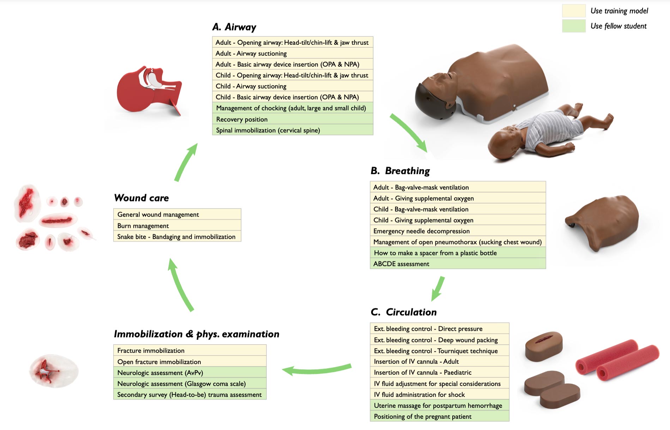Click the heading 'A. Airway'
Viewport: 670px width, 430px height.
coord(234,27)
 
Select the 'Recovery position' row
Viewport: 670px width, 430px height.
coord(292,119)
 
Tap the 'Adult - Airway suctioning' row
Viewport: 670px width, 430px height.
coord(292,53)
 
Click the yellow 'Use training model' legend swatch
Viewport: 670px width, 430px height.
coord(573,11)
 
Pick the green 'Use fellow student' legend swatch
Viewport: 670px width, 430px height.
coord(573,26)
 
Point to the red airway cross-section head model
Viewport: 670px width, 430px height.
coord(148,90)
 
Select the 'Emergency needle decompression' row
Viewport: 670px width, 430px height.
coord(457,231)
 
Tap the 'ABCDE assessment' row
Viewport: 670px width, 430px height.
coord(457,264)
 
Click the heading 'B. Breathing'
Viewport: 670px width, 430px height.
coord(400,171)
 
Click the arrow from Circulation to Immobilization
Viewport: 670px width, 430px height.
coord(316,369)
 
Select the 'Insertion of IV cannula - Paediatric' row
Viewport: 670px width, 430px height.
coord(439,373)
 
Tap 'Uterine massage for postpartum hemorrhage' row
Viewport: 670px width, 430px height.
coord(439,405)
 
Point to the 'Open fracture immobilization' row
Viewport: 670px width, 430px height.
coord(189,362)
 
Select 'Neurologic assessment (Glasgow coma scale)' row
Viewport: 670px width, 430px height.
coord(189,383)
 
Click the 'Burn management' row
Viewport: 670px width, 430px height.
coord(177,225)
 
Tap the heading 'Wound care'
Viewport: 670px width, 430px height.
coord(141,198)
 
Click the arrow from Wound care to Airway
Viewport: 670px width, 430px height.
coord(186,162)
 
